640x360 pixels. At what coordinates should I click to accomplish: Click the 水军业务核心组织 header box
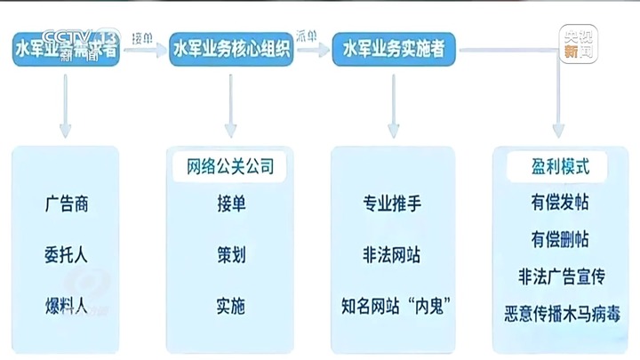(231, 50)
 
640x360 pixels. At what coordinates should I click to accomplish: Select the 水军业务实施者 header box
(394, 50)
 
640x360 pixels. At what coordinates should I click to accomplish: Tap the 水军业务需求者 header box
(66, 50)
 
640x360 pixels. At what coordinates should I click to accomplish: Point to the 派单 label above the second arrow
(308, 37)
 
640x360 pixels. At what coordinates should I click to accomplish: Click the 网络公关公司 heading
(230, 166)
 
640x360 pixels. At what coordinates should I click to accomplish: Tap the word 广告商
(67, 204)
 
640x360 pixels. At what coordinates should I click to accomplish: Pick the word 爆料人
(67, 307)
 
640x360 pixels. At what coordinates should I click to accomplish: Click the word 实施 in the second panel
(230, 307)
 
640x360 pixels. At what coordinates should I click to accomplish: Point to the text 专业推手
(392, 204)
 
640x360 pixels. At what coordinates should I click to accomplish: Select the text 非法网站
(392, 254)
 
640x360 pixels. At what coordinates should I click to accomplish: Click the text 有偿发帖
(558, 204)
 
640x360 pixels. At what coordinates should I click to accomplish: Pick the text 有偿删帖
(558, 240)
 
